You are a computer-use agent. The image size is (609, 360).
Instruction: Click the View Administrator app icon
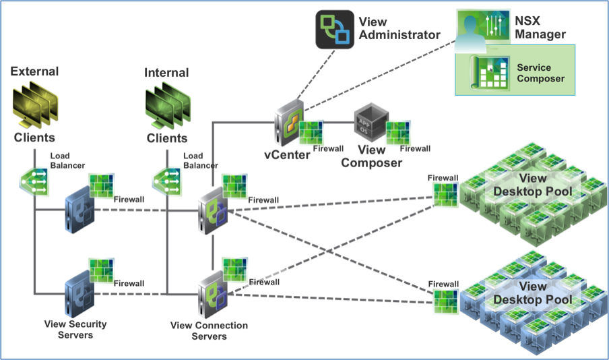(x=335, y=30)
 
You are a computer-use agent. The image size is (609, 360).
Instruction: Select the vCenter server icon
(x=288, y=123)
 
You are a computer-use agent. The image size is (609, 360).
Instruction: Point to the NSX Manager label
(x=540, y=28)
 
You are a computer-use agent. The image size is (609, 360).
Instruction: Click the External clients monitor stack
(x=35, y=104)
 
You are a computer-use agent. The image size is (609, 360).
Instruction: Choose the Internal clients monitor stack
(x=167, y=106)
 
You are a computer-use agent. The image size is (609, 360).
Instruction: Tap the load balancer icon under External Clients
(x=34, y=181)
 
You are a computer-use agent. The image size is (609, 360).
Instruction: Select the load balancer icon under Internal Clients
(x=167, y=181)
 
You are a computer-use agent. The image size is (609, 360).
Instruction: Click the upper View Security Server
(x=79, y=210)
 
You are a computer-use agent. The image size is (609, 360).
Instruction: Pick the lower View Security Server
(x=79, y=295)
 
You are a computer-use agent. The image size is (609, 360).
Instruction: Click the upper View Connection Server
(x=213, y=211)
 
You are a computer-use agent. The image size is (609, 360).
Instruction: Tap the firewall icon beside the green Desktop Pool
(x=446, y=195)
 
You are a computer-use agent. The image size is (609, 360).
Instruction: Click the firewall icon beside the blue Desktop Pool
(x=446, y=301)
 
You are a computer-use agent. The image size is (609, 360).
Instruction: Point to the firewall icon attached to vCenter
(x=311, y=133)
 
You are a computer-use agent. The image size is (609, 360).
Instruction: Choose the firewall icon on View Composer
(x=397, y=133)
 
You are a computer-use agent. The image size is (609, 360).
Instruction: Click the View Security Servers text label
(x=75, y=329)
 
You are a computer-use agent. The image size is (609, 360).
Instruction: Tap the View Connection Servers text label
(x=209, y=330)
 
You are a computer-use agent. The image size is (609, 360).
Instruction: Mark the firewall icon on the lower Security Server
(x=102, y=270)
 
